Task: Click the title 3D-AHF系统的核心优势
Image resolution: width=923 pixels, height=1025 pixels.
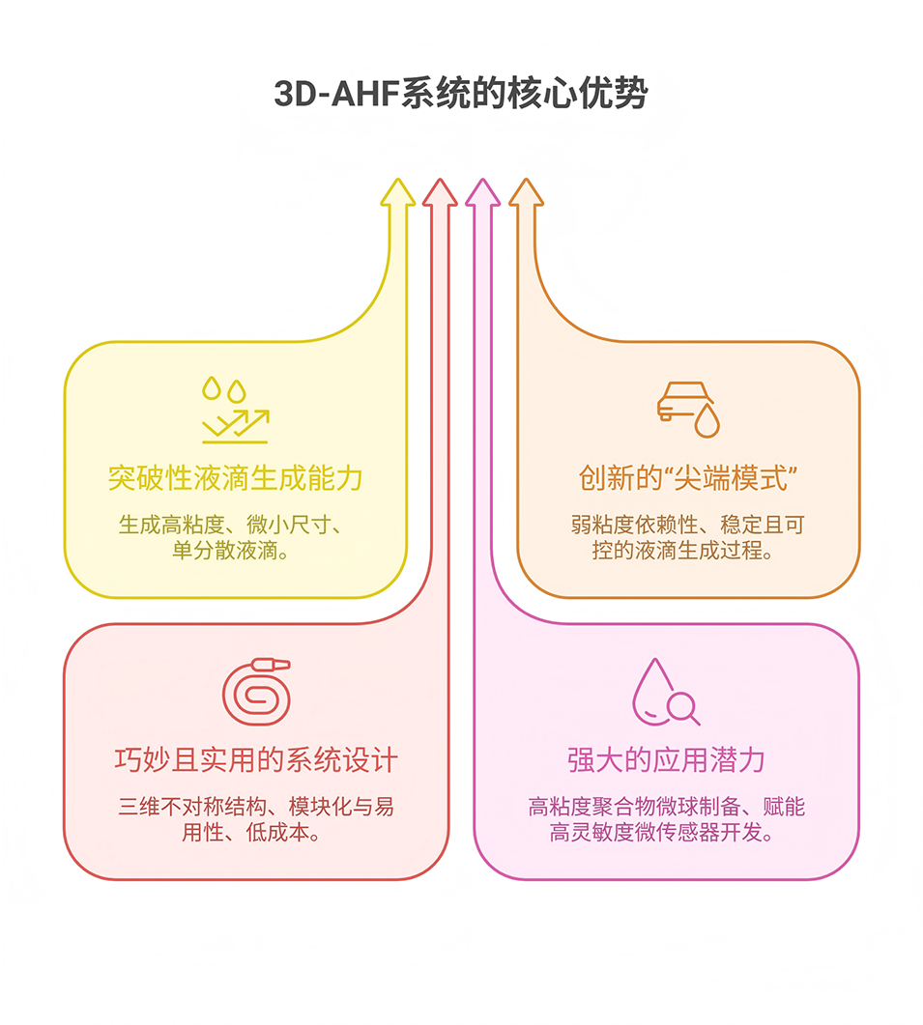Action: [x=461, y=95]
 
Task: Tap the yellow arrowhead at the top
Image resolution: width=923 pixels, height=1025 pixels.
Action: [x=397, y=192]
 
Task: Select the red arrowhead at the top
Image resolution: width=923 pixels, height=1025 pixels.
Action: [x=440, y=192]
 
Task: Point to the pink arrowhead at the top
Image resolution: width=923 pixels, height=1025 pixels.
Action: [x=482, y=192]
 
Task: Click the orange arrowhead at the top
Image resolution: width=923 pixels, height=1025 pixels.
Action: [x=526, y=192]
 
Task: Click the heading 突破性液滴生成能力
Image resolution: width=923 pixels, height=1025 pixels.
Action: [x=235, y=477]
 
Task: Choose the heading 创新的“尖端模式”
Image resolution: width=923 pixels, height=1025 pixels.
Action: [x=687, y=477]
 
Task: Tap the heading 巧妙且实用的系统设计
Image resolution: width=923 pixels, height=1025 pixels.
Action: [x=255, y=760]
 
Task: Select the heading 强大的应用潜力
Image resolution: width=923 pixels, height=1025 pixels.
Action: [x=666, y=760]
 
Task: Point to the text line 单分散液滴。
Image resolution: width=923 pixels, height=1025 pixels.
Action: [x=235, y=553]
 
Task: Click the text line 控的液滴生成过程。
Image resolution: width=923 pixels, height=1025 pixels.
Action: [x=687, y=553]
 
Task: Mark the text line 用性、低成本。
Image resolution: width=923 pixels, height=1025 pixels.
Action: [x=255, y=832]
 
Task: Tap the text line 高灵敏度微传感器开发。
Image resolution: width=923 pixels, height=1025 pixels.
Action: [x=666, y=833]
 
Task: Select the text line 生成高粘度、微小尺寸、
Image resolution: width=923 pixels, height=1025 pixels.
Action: [x=235, y=526]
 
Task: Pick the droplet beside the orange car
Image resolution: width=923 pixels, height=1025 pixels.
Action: [x=708, y=419]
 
